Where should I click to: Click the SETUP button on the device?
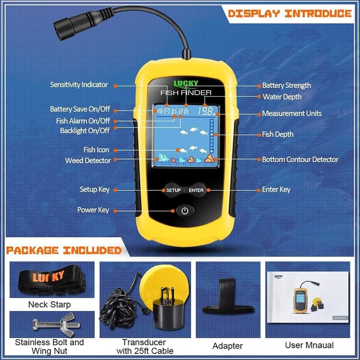click(173, 190)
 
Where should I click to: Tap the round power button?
click(185, 211)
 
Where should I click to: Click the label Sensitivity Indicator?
click(79, 85)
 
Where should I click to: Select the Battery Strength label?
click(286, 86)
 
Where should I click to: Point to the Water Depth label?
click(282, 97)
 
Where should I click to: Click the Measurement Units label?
click(291, 113)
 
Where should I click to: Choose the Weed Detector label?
click(88, 160)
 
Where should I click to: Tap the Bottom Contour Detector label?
click(300, 160)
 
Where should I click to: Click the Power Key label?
click(93, 210)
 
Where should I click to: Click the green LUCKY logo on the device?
click(186, 83)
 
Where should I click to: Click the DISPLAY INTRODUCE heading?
click(289, 13)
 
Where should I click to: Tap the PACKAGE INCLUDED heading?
click(63, 250)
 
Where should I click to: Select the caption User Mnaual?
click(309, 345)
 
